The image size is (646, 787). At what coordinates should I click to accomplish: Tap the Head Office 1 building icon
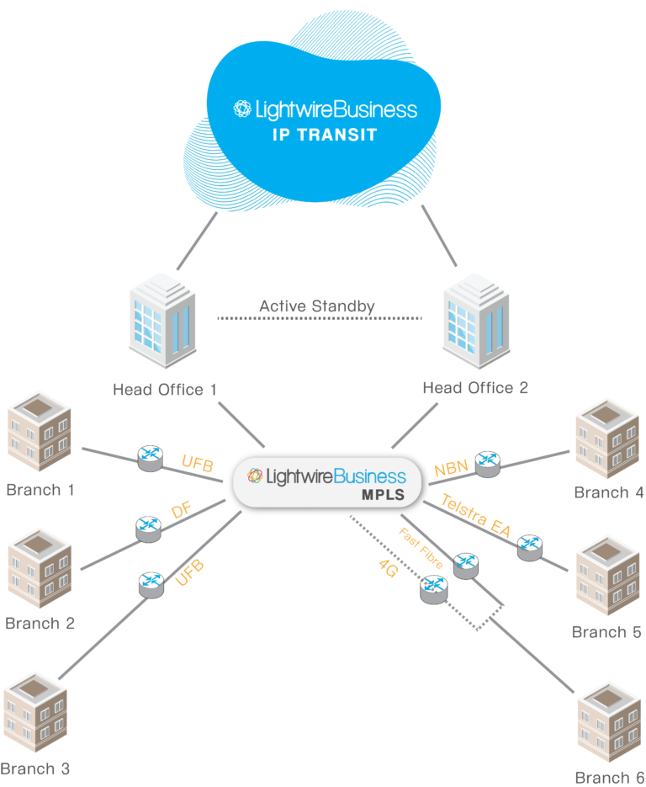click(x=163, y=324)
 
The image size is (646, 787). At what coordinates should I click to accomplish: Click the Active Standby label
click(x=317, y=306)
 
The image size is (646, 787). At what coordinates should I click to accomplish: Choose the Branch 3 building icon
click(x=36, y=715)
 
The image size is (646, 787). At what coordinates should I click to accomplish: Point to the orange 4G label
click(x=389, y=568)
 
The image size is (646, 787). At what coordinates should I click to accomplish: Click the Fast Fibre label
click(x=421, y=548)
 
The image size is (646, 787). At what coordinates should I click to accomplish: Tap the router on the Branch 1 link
click(x=150, y=457)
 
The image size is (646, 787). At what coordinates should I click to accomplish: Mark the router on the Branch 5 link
click(x=528, y=545)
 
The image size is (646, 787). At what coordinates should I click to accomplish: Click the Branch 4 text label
click(x=609, y=492)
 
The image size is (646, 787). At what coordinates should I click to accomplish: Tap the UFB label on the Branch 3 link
click(x=190, y=573)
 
